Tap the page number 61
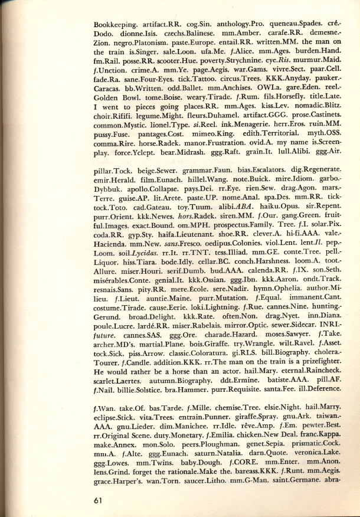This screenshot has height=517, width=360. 100,500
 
